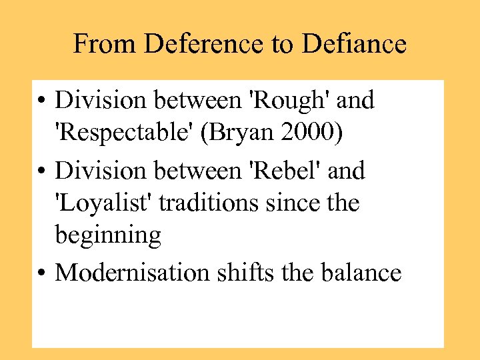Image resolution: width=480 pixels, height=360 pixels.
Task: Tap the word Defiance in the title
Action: (353, 45)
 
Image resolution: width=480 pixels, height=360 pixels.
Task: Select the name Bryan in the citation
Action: (241, 133)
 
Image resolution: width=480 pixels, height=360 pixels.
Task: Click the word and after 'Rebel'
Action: (347, 171)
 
